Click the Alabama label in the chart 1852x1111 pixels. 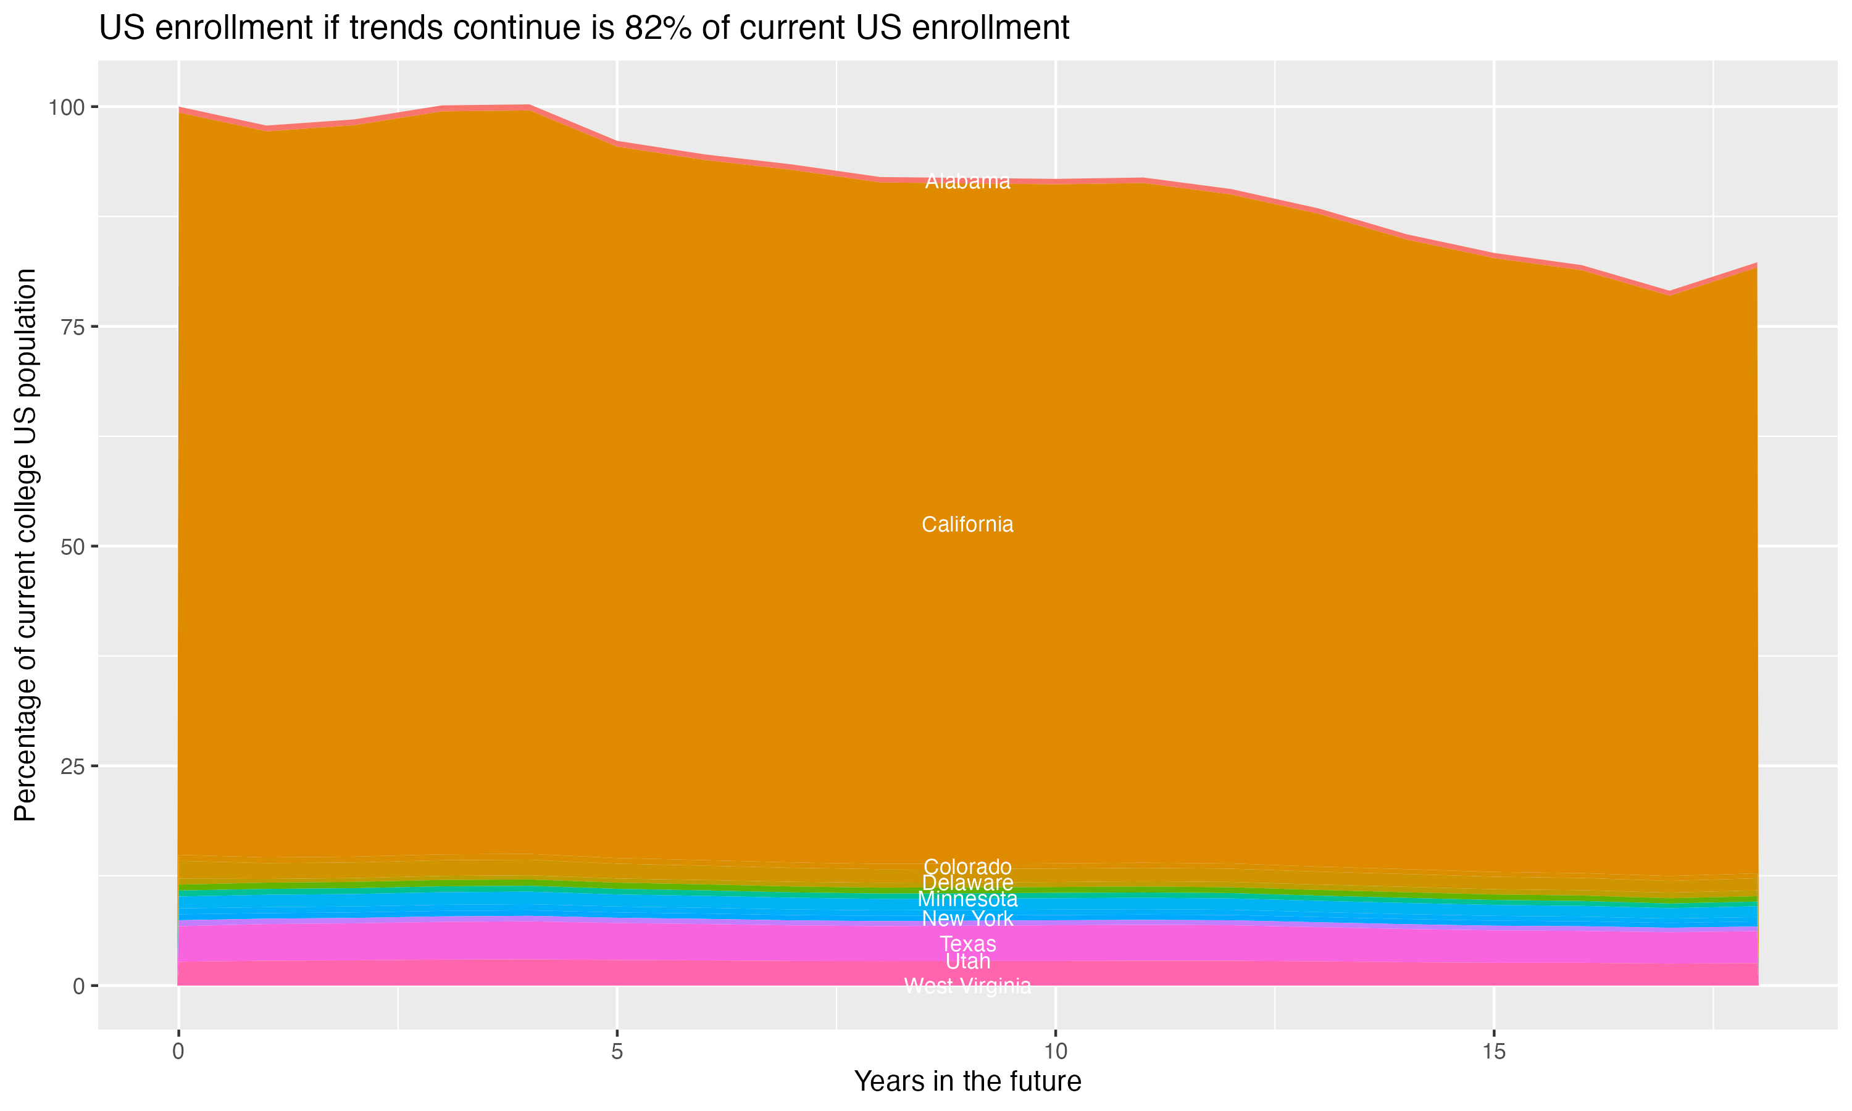click(967, 181)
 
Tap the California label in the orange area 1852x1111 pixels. click(967, 525)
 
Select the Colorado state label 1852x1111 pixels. click(967, 867)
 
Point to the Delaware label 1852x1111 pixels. click(967, 883)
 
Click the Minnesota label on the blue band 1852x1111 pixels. click(967, 899)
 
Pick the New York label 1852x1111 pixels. click(967, 918)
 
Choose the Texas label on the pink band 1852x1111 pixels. click(967, 944)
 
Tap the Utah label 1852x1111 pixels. click(967, 961)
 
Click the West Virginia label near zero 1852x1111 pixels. click(967, 986)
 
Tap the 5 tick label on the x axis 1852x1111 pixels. click(617, 1052)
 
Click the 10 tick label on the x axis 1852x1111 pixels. click(1055, 1052)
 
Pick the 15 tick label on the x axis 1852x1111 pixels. click(1493, 1052)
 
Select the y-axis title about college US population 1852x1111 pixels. click(25, 545)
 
